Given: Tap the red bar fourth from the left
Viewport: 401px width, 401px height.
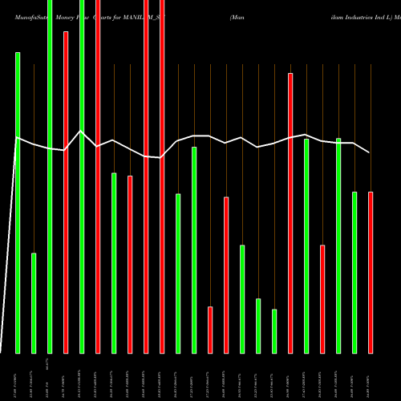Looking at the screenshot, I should (x=130, y=264).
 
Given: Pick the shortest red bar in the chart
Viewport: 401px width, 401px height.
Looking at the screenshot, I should (x=210, y=330).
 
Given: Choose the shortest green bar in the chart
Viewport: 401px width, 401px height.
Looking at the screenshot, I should (x=274, y=331).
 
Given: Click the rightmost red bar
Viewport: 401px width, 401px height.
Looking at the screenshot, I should (x=371, y=273).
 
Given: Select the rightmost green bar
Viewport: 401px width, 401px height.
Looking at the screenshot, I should (x=354, y=273).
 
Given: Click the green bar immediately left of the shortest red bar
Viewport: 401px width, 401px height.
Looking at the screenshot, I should (x=194, y=249).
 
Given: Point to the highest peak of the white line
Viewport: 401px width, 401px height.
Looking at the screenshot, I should (x=81, y=131).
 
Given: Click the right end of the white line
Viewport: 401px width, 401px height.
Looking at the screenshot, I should (x=369, y=152).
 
